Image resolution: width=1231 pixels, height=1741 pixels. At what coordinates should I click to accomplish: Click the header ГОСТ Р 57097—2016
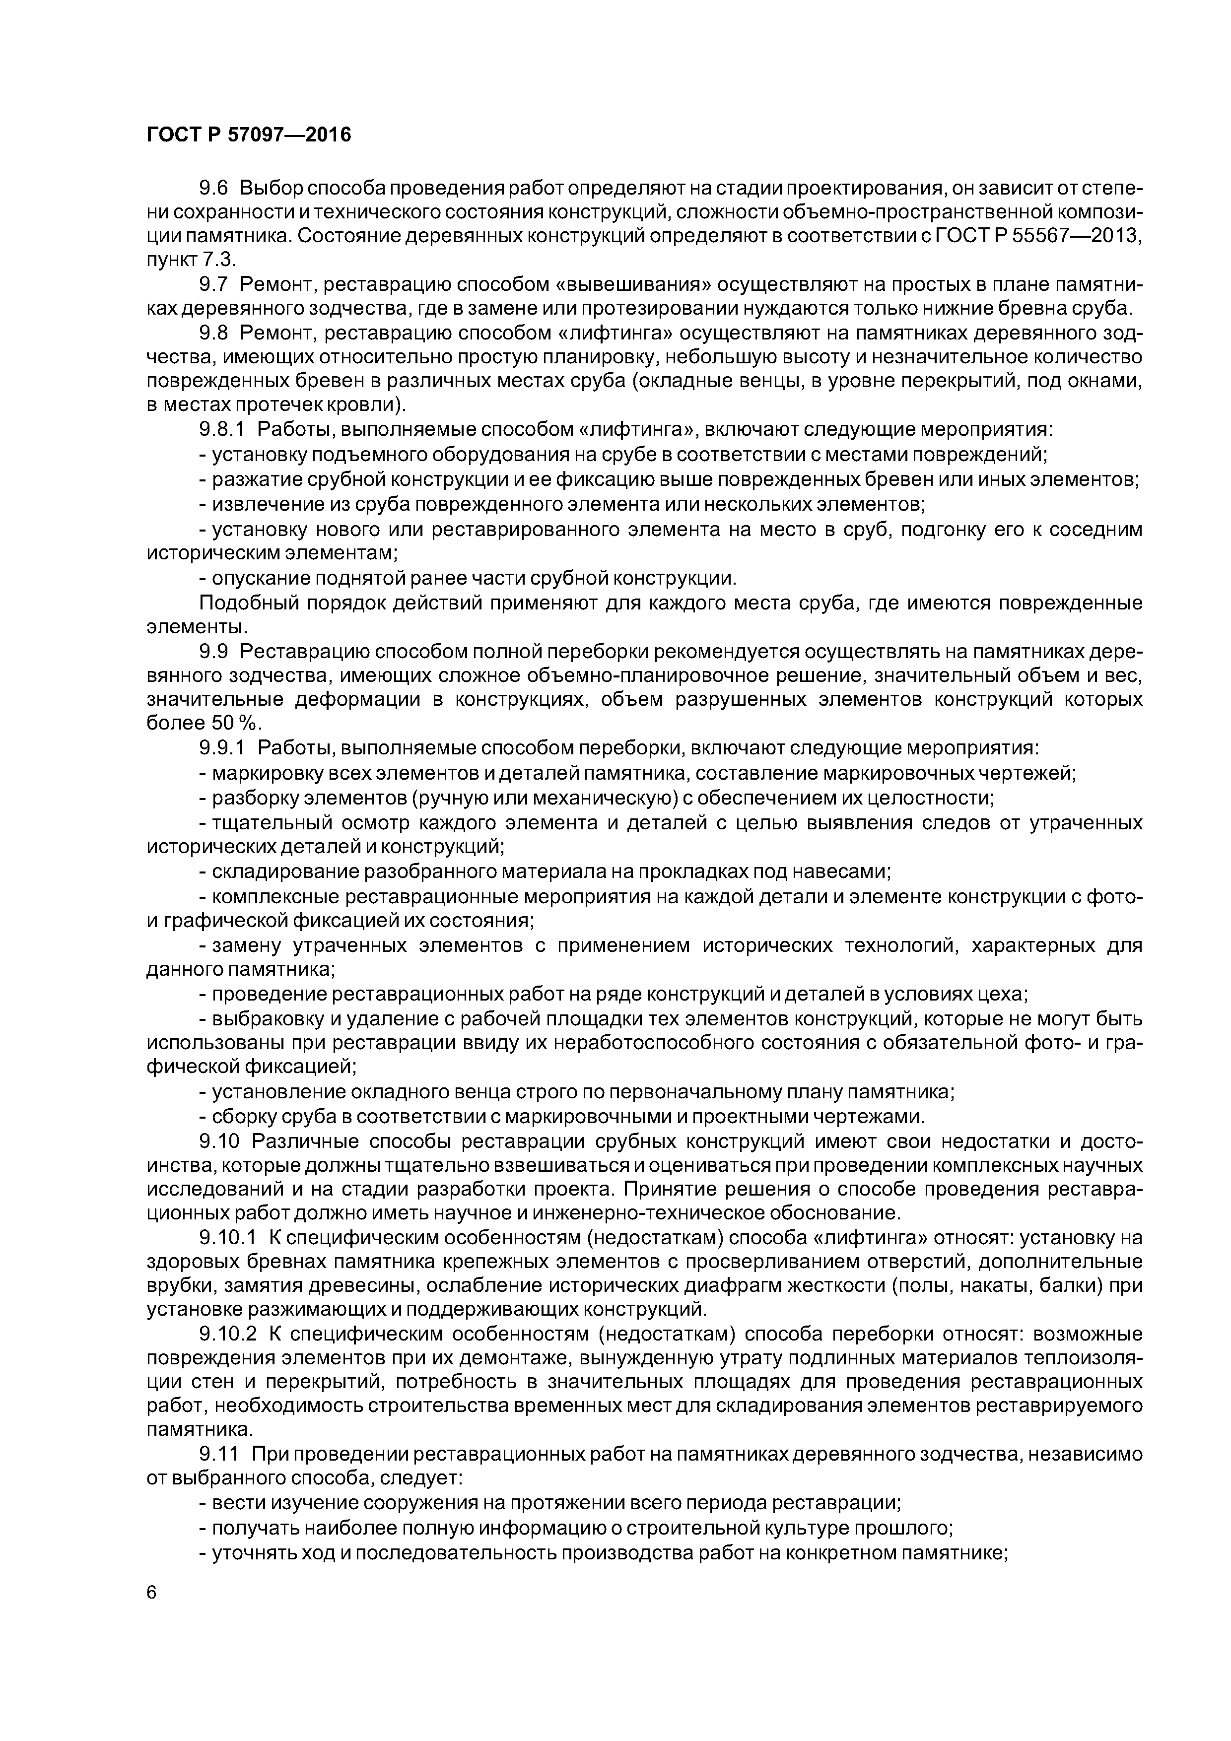click(249, 135)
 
